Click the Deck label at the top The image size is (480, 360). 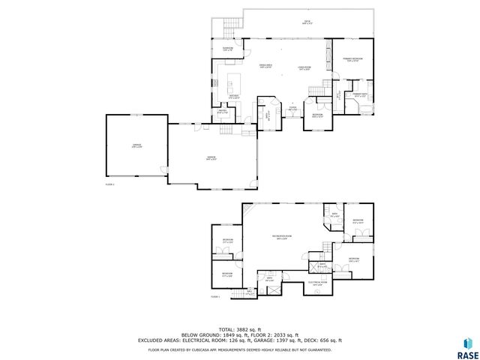point(307,22)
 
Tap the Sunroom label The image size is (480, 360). point(227,49)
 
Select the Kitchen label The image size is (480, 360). point(234,95)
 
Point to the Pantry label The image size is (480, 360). point(223,112)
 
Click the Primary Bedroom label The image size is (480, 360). point(353,59)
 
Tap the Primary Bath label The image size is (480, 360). point(359,94)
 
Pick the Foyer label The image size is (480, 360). point(293,109)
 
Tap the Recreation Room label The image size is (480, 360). point(283,238)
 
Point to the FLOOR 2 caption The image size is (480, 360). point(109,184)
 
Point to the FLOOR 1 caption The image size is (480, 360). point(214,297)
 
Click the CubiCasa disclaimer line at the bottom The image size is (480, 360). point(239,349)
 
